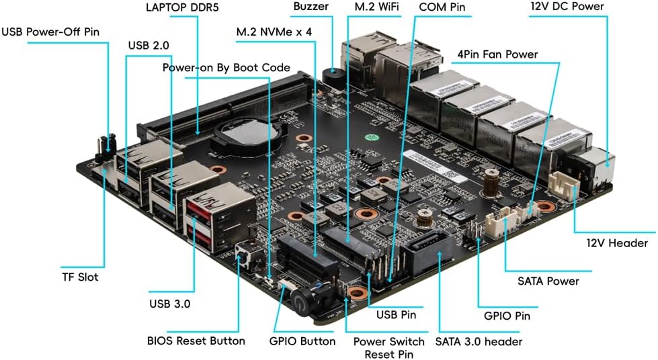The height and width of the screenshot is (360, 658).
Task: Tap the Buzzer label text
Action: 311,7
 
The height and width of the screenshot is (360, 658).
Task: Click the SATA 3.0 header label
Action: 479,341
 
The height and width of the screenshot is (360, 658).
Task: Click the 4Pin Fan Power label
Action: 497,54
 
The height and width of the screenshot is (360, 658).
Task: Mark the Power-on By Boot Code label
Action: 227,67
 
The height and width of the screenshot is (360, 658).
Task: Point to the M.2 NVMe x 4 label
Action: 274,32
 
